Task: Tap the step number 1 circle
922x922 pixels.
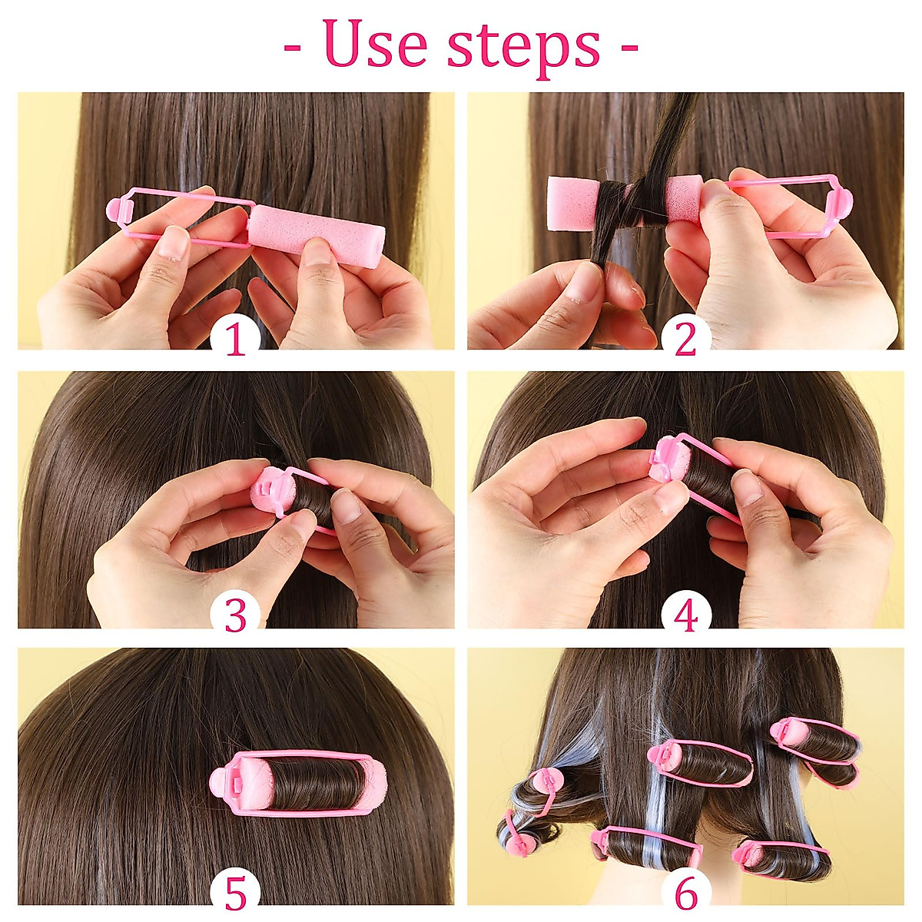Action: (236, 339)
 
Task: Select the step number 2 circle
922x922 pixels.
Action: (685, 339)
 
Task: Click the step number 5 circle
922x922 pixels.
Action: (236, 894)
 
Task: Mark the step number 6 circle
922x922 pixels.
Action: (685, 894)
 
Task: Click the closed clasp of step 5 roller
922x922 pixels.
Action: (224, 784)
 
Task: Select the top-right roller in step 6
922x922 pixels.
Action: (814, 749)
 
